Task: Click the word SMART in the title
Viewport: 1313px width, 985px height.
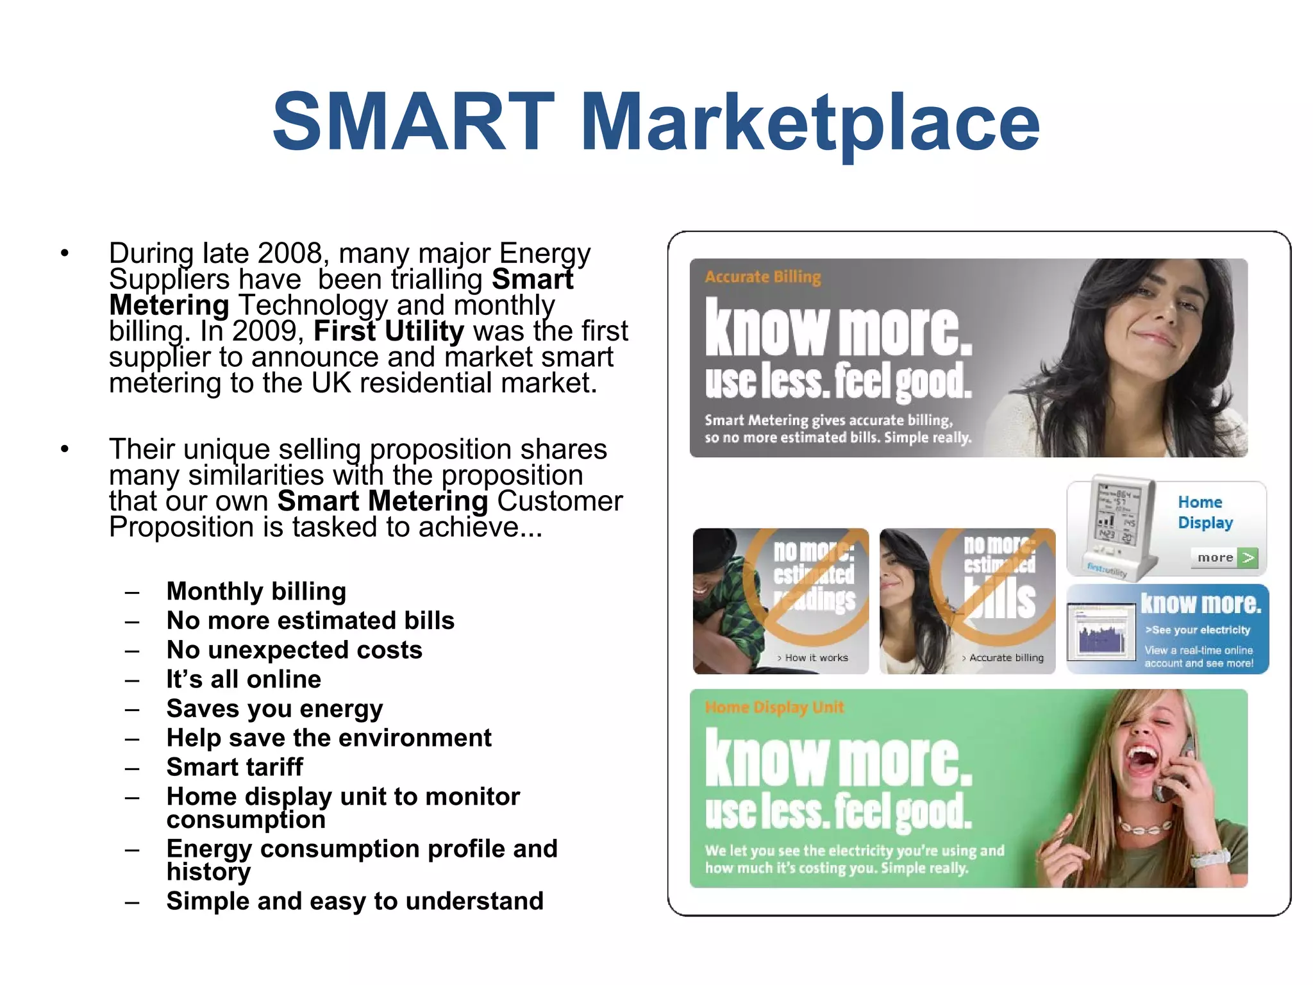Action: point(413,122)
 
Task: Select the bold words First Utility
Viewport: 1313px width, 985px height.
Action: point(389,332)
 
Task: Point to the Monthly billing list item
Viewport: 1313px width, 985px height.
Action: point(256,591)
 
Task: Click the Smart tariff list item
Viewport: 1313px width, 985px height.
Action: point(235,767)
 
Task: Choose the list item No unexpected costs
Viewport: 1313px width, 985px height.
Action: point(294,650)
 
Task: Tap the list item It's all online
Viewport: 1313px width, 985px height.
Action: point(244,680)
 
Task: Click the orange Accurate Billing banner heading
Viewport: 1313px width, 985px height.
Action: point(762,277)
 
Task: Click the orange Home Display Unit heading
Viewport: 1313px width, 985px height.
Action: point(774,707)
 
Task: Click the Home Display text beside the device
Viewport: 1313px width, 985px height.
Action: point(1204,512)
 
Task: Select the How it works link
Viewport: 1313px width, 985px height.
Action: point(815,658)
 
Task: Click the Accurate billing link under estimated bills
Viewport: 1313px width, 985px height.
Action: point(1005,658)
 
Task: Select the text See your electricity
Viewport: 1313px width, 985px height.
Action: point(1200,630)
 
